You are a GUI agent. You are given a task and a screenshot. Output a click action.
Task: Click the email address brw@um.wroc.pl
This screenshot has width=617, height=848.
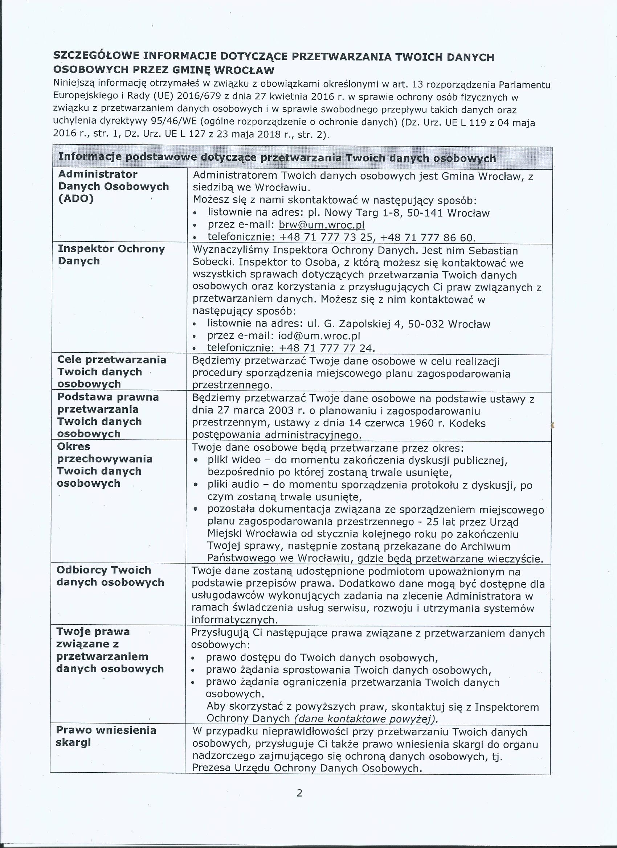[322, 225]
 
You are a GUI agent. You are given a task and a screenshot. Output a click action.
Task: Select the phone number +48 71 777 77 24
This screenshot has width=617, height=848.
[326, 348]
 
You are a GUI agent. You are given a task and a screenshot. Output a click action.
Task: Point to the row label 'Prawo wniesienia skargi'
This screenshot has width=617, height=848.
[106, 736]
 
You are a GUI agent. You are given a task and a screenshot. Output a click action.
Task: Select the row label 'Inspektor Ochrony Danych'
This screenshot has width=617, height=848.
[111, 255]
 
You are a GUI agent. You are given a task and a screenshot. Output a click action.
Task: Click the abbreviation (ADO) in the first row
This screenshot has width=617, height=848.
[75, 198]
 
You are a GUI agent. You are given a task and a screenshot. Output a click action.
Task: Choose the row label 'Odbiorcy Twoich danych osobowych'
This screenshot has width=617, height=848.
[110, 576]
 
